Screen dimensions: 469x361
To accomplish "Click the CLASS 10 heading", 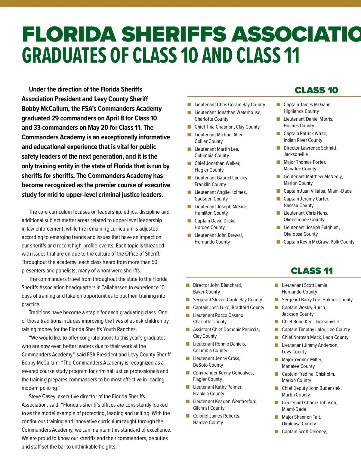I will click(x=316, y=90).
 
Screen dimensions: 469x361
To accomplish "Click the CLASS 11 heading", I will click(x=312, y=271).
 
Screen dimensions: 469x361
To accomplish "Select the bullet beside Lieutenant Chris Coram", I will click(x=189, y=105).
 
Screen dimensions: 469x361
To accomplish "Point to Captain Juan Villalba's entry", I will click(x=317, y=191).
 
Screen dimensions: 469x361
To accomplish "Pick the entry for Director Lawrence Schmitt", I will click(x=310, y=148).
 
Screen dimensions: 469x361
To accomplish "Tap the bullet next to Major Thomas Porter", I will click(x=278, y=162).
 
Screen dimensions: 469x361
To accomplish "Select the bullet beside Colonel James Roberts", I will click(x=188, y=416).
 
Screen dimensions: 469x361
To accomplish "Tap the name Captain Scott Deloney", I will click(x=304, y=432).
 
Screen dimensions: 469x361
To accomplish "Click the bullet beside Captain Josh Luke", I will click(x=188, y=308).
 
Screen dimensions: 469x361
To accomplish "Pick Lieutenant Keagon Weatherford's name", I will click(x=225, y=402).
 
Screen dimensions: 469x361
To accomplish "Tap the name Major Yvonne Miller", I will click(x=302, y=360).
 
